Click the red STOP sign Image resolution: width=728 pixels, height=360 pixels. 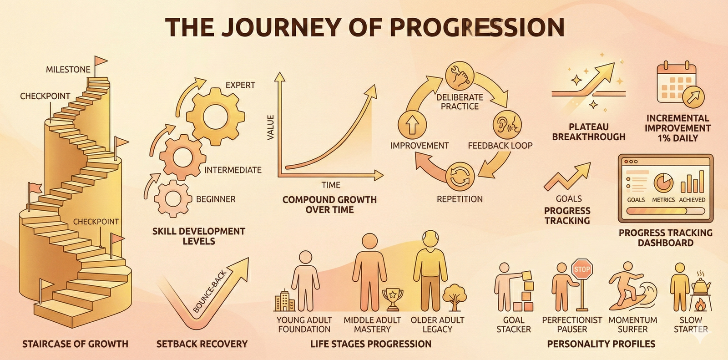click(x=582, y=269)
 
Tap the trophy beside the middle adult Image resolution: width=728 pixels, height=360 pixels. click(x=393, y=299)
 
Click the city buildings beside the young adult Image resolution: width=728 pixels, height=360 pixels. click(x=285, y=300)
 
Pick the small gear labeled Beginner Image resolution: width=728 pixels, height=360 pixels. click(x=172, y=199)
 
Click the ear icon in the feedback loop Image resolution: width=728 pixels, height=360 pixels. click(x=507, y=125)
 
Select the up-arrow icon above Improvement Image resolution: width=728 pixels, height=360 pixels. click(x=412, y=125)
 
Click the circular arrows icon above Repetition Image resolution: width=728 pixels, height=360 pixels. click(x=460, y=177)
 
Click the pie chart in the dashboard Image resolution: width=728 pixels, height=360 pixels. click(x=664, y=183)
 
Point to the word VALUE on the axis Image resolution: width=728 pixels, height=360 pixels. click(x=270, y=127)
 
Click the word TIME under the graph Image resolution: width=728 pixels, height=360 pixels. click(x=331, y=185)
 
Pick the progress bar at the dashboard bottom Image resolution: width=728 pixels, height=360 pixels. click(x=665, y=211)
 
